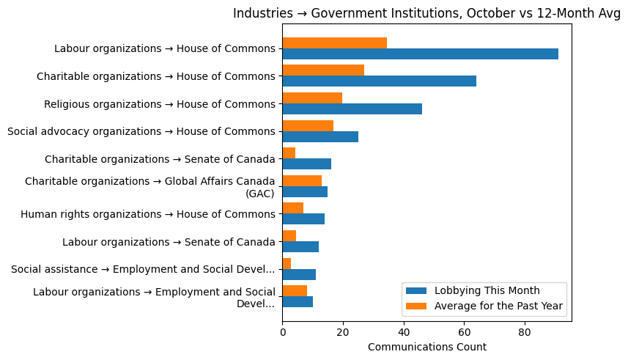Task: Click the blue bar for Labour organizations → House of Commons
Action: tap(420, 54)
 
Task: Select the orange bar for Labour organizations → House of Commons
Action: tap(334, 43)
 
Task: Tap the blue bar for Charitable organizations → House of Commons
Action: tap(379, 81)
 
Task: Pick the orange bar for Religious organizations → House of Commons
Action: tap(312, 98)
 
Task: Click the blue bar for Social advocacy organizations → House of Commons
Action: tap(320, 136)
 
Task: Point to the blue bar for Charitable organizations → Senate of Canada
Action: tap(306, 164)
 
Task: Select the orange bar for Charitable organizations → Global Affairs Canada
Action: tap(302, 181)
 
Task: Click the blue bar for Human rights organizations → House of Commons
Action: tap(303, 219)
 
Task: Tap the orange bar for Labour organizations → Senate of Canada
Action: tap(289, 236)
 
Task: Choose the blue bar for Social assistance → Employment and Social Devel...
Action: tap(299, 274)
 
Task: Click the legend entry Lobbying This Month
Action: tap(487, 290)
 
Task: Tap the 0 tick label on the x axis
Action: tap(283, 332)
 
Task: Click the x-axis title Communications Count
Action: tap(426, 347)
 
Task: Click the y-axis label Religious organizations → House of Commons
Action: tap(160, 104)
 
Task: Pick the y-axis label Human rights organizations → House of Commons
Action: tap(148, 214)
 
